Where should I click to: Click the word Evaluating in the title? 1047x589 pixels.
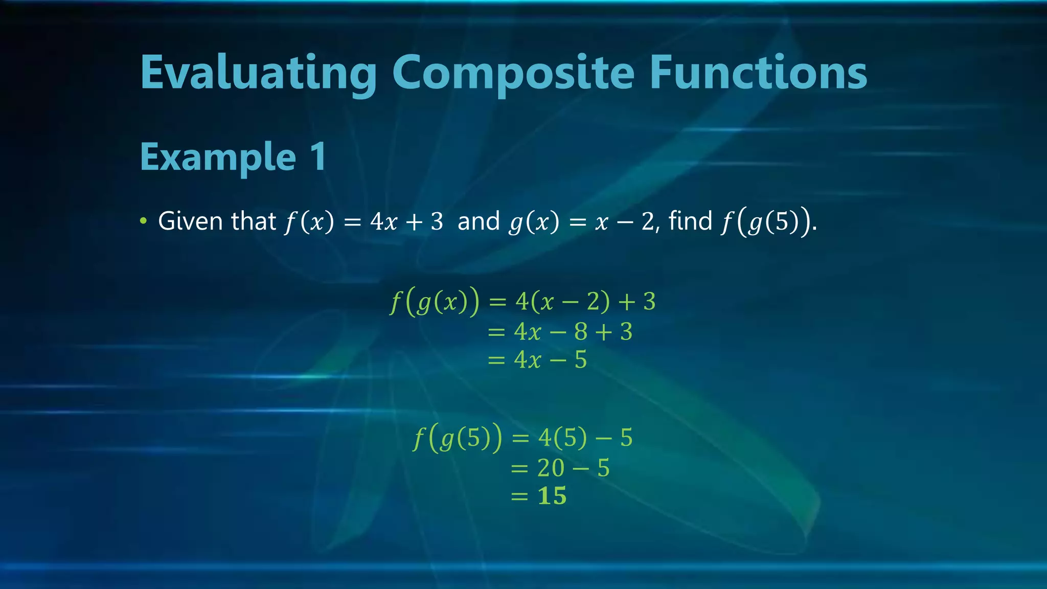click(258, 73)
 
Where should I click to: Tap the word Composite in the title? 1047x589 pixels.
click(513, 73)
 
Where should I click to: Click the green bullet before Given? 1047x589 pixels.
click(144, 221)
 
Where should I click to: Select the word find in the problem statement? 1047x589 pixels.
click(690, 221)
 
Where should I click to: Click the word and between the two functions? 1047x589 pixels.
click(479, 221)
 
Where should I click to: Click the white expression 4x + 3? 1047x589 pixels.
click(406, 221)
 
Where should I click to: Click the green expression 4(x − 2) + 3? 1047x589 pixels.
click(585, 301)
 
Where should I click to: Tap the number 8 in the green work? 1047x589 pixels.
click(581, 332)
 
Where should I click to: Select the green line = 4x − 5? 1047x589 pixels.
click(537, 359)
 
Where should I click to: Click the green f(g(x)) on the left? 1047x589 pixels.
click(435, 301)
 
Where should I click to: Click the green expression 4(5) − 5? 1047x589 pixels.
click(585, 438)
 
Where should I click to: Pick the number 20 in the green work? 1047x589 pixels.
click(551, 468)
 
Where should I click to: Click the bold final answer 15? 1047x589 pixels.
click(552, 496)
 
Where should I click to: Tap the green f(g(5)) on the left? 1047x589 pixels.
click(458, 438)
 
